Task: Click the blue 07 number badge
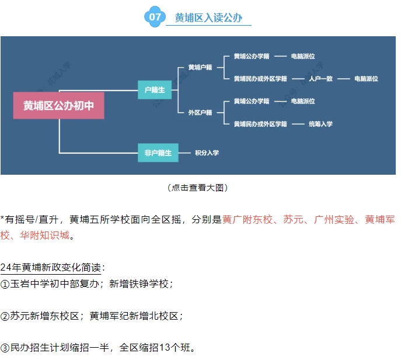pos(155,17)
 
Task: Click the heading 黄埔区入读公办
pos(208,18)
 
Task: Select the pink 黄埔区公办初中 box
pos(58,105)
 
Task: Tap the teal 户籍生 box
pos(155,89)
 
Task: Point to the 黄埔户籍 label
pos(200,67)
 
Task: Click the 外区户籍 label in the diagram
pos(200,112)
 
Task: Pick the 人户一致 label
pos(320,78)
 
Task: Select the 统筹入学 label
pos(320,124)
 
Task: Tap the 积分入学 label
pos(207,153)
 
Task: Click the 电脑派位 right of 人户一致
pos(366,78)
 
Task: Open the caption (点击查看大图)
pos(197,188)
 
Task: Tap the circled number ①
pos(5,284)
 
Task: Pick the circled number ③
pos(5,348)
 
